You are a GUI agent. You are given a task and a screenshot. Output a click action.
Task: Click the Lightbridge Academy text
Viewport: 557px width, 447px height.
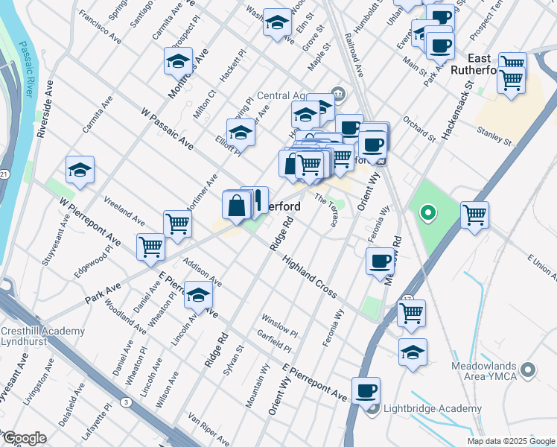[x=433, y=409]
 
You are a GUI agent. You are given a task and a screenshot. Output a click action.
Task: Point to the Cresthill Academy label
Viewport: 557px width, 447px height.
[x=34, y=331]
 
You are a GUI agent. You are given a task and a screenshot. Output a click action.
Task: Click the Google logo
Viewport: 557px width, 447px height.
[x=24, y=439]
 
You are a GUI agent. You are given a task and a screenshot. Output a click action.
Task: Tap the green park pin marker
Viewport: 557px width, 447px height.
[x=427, y=215]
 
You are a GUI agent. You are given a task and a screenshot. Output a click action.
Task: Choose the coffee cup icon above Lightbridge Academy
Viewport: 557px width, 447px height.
[x=366, y=390]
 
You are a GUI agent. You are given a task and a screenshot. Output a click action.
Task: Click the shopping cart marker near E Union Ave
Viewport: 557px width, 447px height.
[x=474, y=215]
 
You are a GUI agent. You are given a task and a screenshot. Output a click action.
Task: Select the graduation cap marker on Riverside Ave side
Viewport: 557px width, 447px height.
[x=80, y=170]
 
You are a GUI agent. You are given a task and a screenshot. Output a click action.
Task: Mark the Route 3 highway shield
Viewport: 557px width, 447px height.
[x=127, y=403]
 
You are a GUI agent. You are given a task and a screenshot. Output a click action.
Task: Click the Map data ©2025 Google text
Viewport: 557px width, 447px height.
[x=511, y=441]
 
